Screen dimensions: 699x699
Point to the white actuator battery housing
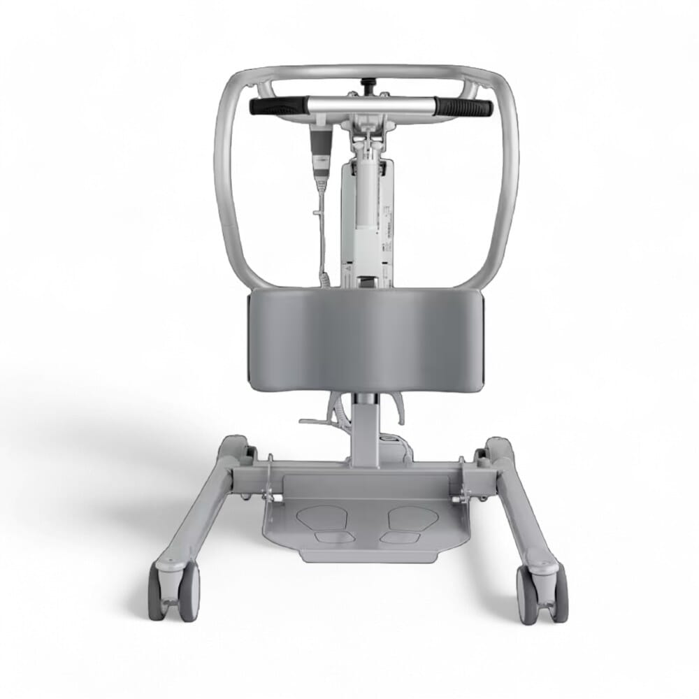click(x=366, y=217)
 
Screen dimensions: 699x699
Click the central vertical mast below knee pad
click(x=365, y=426)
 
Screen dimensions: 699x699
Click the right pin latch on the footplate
click(x=459, y=489)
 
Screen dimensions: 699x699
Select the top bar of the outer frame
click(x=363, y=71)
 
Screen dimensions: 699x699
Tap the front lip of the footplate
click(x=364, y=556)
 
